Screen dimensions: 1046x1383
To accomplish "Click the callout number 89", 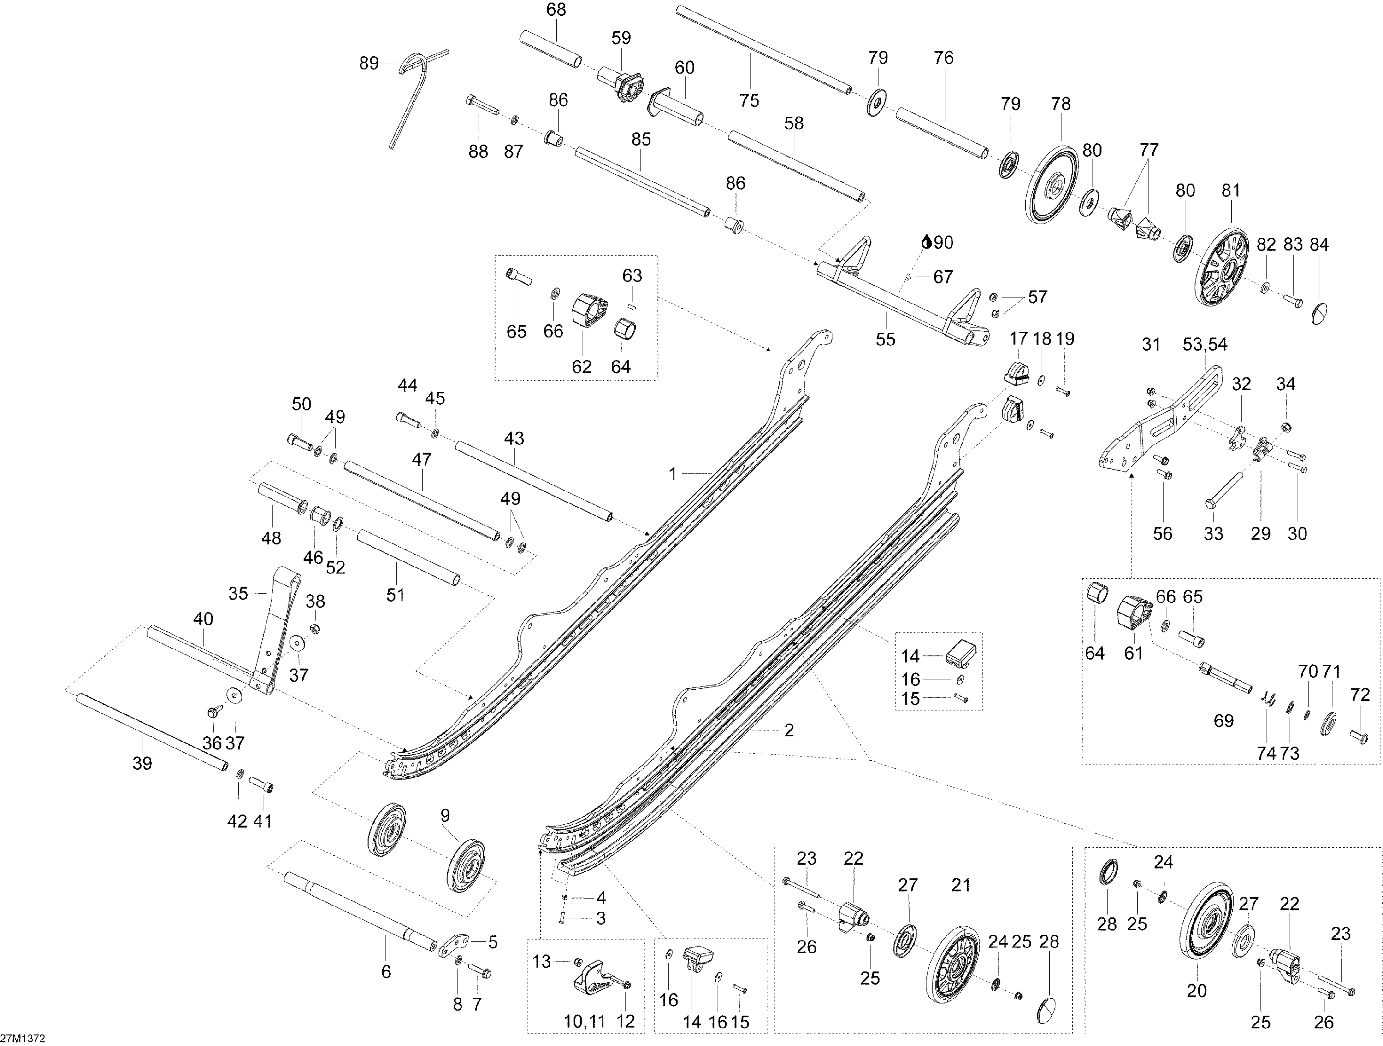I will [x=369, y=63].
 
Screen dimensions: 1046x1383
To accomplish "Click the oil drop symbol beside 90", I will [x=927, y=242].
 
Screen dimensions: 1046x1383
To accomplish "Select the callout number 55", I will [x=885, y=340].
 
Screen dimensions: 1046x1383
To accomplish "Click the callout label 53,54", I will [x=1205, y=345].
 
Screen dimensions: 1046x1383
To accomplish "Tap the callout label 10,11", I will [x=585, y=1022].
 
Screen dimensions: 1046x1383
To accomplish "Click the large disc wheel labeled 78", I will [x=1055, y=185].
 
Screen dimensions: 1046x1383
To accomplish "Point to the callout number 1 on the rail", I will [x=673, y=474].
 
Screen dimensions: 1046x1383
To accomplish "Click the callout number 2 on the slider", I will [x=789, y=730].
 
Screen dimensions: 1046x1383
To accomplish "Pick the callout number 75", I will [x=749, y=100].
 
